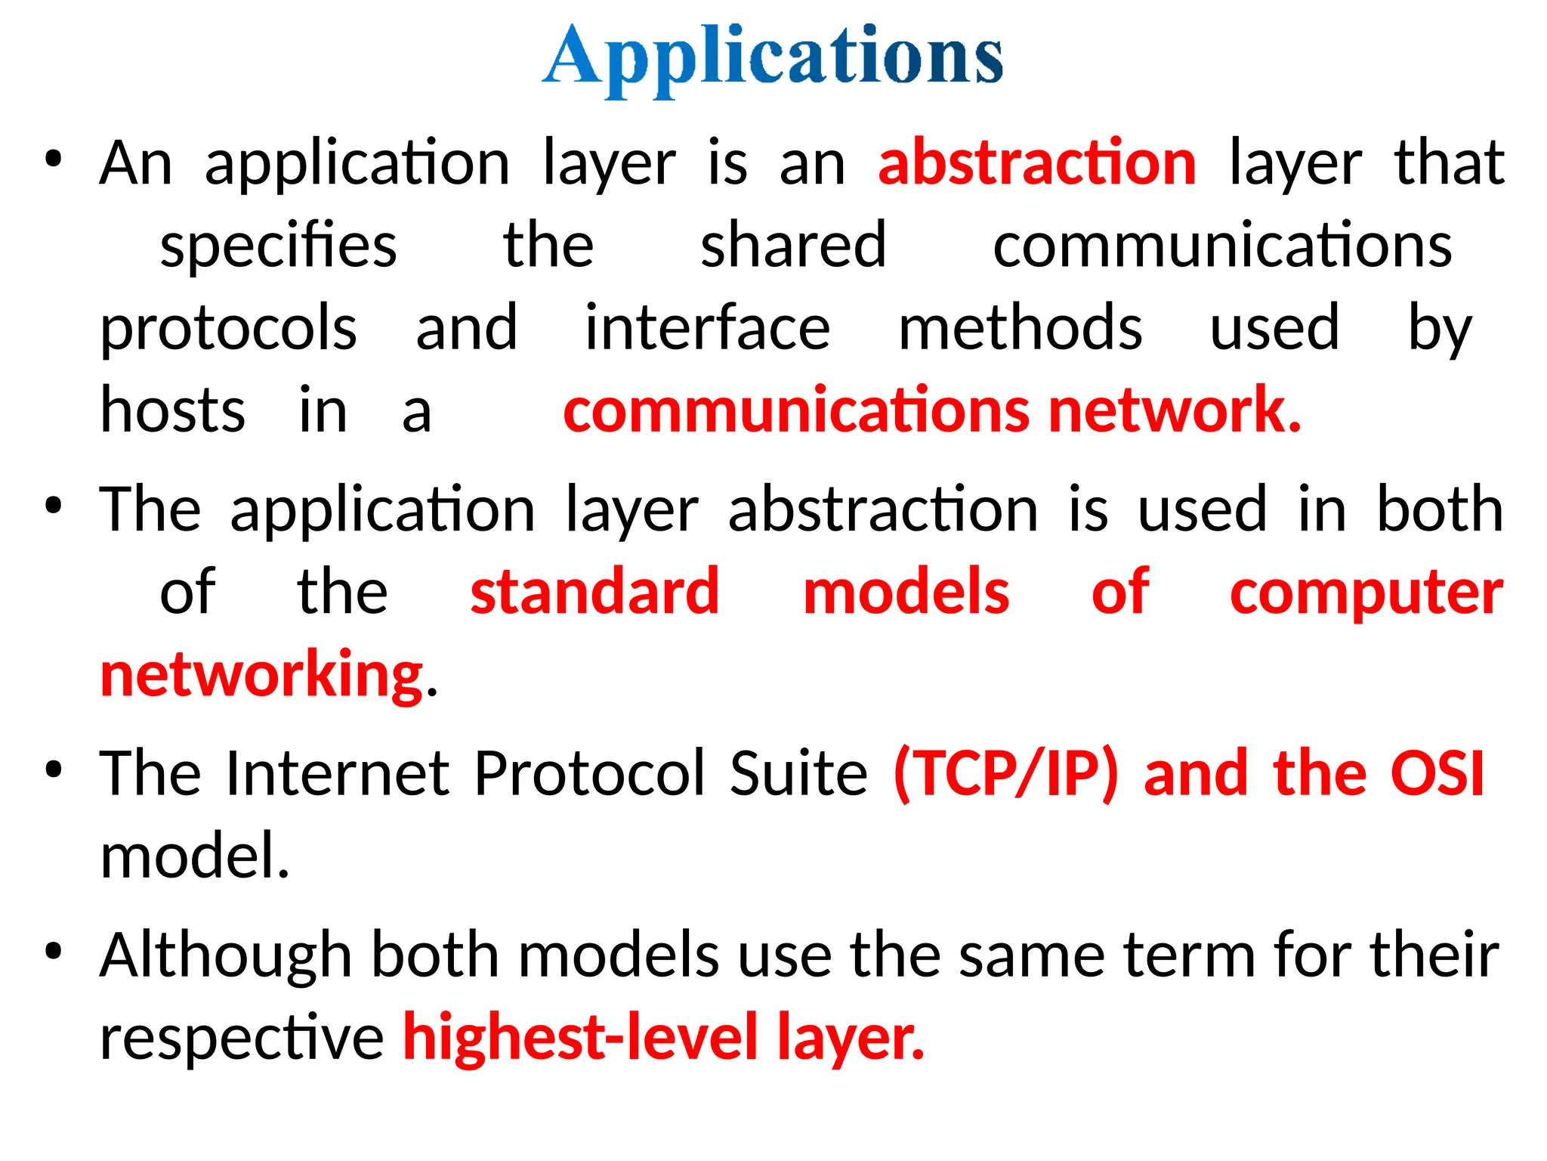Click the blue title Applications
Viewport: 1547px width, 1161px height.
click(773, 57)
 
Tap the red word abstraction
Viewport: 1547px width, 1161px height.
click(1037, 163)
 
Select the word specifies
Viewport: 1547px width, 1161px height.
click(278, 246)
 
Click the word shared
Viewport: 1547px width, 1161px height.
click(793, 245)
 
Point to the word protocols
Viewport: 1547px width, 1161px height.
click(228, 330)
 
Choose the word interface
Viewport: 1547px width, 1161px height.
click(708, 328)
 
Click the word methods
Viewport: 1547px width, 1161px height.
click(1021, 328)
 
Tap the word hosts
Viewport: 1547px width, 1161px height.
click(173, 410)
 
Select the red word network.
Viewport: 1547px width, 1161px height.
click(1174, 410)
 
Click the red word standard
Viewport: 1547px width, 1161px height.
click(594, 592)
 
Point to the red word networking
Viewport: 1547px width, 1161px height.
click(261, 675)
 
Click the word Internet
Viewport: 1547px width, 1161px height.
click(338, 773)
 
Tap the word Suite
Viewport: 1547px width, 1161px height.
click(798, 773)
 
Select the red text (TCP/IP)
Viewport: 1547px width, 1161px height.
click(1005, 775)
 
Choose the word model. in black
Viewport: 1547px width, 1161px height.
click(195, 856)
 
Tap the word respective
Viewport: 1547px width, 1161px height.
click(242, 1038)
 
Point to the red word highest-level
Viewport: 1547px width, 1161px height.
click(580, 1038)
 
